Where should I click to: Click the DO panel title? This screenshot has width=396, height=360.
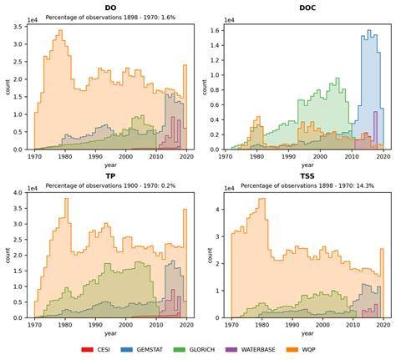110,8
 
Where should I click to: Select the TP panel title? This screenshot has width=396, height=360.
110,175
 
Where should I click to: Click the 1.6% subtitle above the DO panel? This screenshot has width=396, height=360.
110,17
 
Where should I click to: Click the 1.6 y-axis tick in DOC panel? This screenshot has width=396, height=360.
211,31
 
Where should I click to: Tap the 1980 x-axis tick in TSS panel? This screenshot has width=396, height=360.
261,324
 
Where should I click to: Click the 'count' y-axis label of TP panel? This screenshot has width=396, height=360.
7,256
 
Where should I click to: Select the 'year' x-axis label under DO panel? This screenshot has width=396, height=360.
110,165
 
